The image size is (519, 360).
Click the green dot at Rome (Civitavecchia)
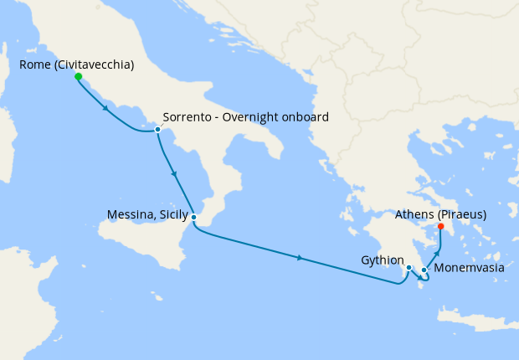(x=78, y=76)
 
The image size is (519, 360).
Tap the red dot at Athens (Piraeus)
(x=441, y=226)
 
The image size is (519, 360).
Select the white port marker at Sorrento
(x=157, y=129)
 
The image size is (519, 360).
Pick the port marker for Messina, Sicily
(x=193, y=218)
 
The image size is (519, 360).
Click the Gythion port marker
(x=409, y=268)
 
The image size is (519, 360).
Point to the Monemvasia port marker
(x=424, y=270)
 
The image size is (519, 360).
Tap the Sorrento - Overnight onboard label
(x=245, y=117)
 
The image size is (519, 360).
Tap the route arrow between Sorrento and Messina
(x=174, y=174)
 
